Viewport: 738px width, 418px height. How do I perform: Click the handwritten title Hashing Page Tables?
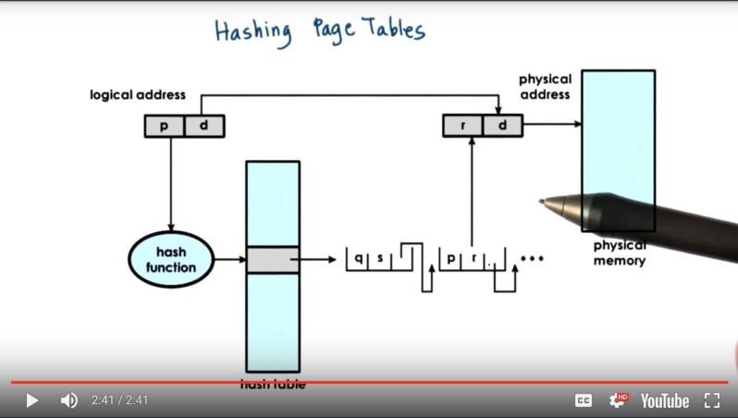click(320, 30)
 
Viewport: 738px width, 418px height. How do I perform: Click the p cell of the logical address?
click(165, 126)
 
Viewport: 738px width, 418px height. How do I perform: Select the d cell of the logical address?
click(204, 126)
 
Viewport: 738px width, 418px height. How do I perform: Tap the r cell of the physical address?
click(462, 126)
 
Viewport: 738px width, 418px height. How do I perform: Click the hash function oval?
click(170, 260)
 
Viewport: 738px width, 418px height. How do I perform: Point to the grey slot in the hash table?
click(272, 259)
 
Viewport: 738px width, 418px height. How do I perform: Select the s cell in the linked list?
click(379, 258)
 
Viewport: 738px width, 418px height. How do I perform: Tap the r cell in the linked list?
click(474, 258)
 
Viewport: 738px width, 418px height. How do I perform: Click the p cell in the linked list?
click(451, 258)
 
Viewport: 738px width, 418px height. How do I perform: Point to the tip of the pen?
click(542, 200)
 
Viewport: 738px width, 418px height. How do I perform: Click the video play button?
click(31, 400)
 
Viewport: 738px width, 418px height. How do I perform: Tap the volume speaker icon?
click(68, 400)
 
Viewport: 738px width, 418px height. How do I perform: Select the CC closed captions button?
click(584, 400)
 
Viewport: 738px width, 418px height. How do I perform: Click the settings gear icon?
click(617, 400)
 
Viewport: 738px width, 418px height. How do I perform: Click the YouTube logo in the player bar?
click(665, 400)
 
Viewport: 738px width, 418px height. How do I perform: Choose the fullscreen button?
click(711, 400)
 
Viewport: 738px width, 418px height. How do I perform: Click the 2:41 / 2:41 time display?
click(119, 400)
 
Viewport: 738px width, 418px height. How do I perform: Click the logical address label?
click(138, 95)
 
